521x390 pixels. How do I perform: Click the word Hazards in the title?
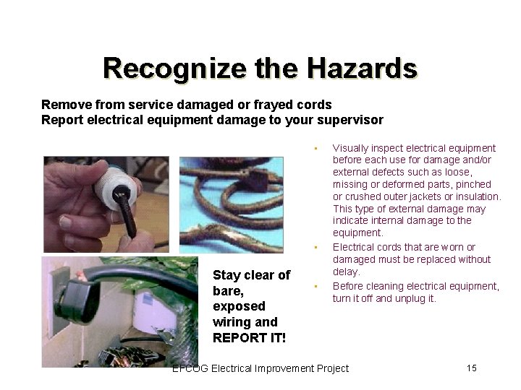tap(362, 68)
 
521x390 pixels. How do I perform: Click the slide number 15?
tap(472, 368)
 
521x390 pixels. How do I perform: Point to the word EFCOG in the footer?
tap(190, 368)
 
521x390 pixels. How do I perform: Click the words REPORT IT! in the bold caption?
tap(249, 338)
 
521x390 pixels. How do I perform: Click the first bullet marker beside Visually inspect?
tap(316, 149)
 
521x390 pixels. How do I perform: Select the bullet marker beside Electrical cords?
tap(316, 248)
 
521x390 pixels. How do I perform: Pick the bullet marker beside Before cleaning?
tap(316, 287)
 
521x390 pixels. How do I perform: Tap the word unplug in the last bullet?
tap(410, 298)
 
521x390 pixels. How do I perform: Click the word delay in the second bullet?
tap(345, 272)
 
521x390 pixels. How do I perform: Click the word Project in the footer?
tap(331, 368)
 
